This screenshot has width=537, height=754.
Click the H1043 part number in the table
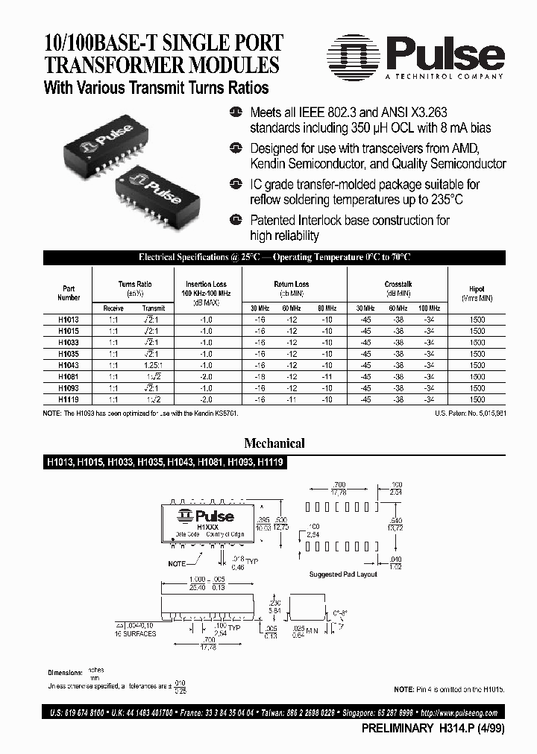point(69,365)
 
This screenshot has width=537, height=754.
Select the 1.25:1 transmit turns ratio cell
point(154,365)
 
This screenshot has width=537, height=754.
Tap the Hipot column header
point(477,291)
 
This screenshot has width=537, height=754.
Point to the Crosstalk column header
point(398,285)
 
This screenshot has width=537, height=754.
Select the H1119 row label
point(69,400)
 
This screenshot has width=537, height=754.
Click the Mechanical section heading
point(275,443)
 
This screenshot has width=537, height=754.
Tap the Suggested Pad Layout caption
point(343,574)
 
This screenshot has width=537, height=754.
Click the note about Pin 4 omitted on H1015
point(449,690)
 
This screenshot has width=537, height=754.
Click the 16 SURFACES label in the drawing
point(136,633)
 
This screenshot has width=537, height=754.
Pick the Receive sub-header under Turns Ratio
point(113,308)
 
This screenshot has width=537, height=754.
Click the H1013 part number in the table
point(69,319)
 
